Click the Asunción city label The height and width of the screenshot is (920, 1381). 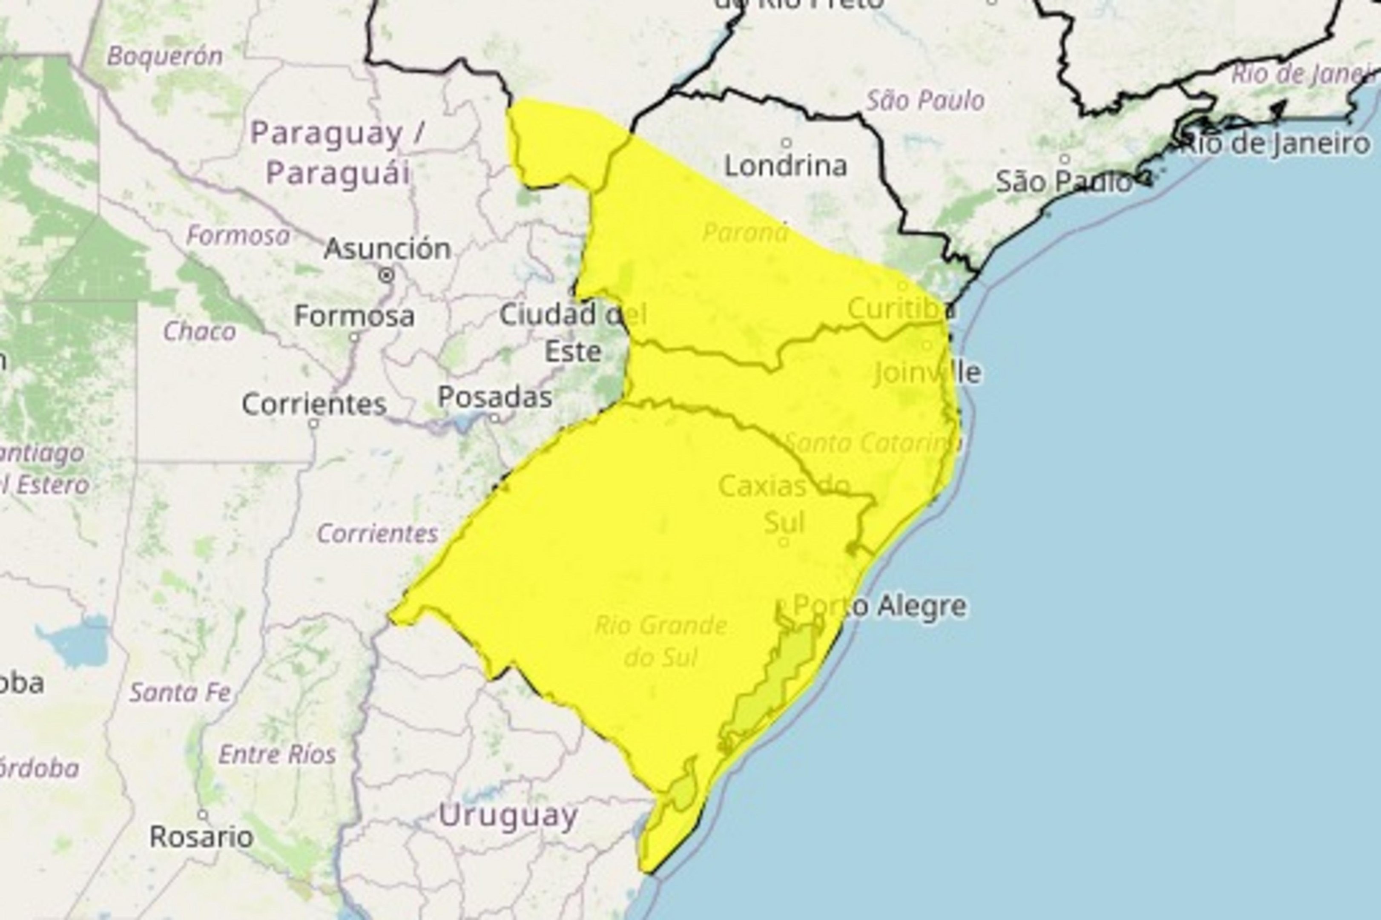point(387,249)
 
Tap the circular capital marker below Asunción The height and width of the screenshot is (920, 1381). point(387,275)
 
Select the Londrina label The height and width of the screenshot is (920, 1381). point(786,166)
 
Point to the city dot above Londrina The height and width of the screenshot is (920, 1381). point(786,143)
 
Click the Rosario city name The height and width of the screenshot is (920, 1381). point(201,836)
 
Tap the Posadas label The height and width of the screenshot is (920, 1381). point(494,397)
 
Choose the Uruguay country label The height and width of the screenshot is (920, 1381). point(508,816)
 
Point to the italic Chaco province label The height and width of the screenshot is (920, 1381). point(199,331)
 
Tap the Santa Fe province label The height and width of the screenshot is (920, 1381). point(181,693)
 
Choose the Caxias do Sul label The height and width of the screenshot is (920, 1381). point(784,504)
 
